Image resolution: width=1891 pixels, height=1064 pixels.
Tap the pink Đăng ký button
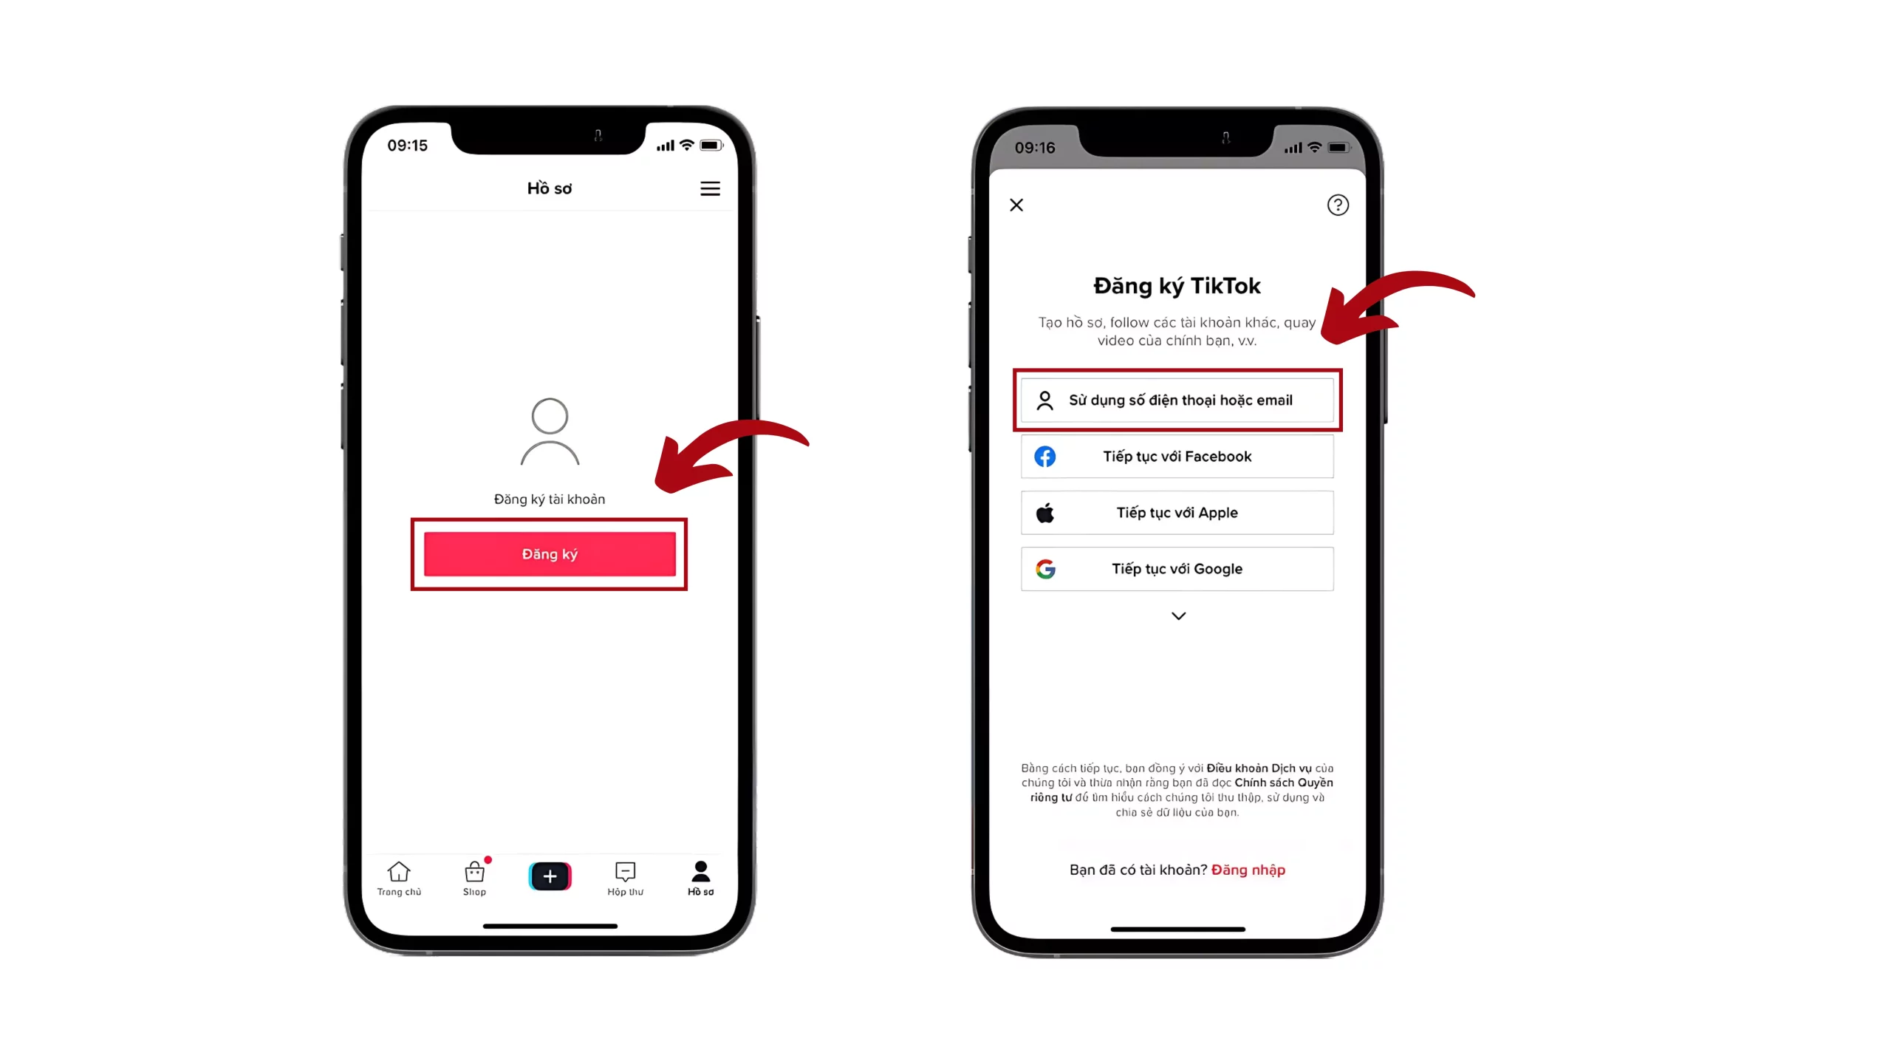(550, 554)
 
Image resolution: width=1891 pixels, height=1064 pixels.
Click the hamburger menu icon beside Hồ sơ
(710, 189)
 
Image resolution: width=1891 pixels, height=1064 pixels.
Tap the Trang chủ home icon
(399, 872)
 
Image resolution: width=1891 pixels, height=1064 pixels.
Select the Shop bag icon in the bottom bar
(474, 873)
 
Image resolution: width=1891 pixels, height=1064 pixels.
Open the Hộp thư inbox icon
(625, 872)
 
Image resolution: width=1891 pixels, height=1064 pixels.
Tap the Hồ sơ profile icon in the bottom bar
(700, 871)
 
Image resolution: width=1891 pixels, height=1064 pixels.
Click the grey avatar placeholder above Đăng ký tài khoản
(550, 432)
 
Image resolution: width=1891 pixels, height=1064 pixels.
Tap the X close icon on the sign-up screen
(1016, 205)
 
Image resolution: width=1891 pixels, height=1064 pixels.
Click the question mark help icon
(1338, 205)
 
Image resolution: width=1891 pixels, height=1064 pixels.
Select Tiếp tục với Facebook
(1177, 457)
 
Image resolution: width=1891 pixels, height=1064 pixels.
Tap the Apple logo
(1045, 513)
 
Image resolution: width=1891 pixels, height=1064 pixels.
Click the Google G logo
(1045, 569)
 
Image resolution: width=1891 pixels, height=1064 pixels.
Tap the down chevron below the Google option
(1178, 616)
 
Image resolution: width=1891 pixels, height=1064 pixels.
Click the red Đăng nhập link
(1248, 870)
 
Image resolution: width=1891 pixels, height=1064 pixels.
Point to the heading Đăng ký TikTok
(1177, 286)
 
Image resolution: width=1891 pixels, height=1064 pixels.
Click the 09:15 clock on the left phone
(408, 146)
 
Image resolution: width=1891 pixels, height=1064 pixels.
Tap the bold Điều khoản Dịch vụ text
(1259, 768)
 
